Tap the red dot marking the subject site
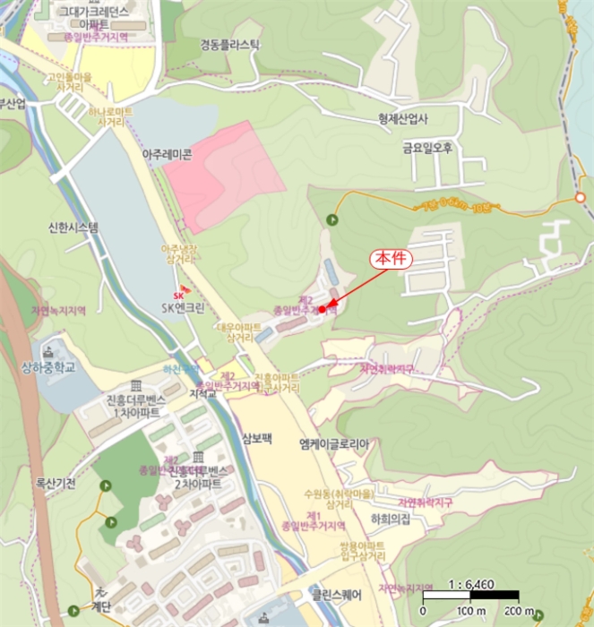pyautogui.click(x=322, y=309)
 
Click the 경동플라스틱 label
pyautogui.click(x=230, y=44)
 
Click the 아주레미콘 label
pyautogui.click(x=168, y=154)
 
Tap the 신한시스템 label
pyautogui.click(x=74, y=228)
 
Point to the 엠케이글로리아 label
pyautogui.click(x=334, y=443)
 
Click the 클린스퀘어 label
pyautogui.click(x=336, y=593)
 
